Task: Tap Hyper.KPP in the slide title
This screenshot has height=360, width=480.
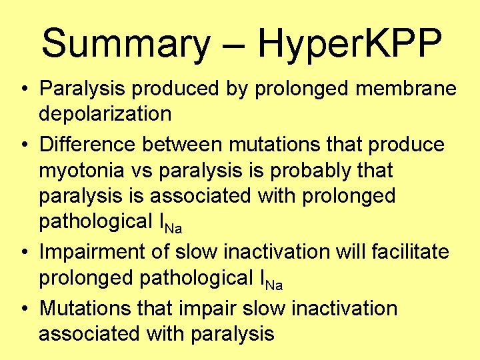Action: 349,43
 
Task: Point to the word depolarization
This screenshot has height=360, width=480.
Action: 105,114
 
